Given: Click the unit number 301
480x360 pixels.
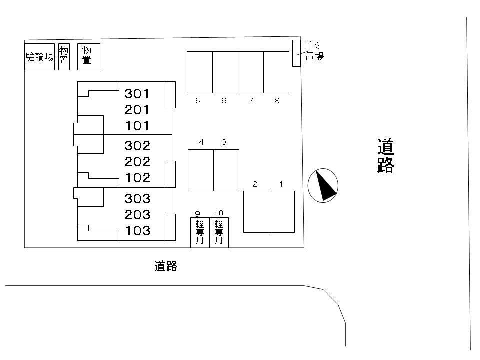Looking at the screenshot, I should (137, 93).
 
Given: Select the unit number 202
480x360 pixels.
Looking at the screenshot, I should (137, 161).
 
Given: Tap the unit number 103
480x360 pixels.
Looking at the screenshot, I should (137, 231).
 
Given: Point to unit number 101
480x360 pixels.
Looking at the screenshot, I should (137, 125).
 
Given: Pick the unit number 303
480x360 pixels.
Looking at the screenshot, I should (137, 199).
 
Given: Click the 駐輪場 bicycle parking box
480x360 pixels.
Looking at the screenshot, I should (39, 56).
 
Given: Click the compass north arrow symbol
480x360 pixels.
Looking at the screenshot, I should (323, 185).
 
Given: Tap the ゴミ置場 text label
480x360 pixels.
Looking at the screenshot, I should (314, 51).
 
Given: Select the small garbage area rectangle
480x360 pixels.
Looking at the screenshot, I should (296, 53).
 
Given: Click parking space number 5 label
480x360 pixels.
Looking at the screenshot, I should (198, 101).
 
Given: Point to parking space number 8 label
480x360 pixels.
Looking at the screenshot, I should (277, 101).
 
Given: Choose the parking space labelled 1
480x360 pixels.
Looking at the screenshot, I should (282, 212).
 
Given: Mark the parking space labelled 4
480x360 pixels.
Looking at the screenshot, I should (201, 170).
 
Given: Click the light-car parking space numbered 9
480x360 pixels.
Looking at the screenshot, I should (200, 232).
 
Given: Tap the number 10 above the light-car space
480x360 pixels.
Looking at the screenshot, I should (219, 213).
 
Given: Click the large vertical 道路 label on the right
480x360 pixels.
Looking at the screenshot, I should (386, 156).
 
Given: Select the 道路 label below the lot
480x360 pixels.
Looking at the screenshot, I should (166, 266).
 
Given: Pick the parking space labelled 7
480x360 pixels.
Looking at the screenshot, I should (251, 72).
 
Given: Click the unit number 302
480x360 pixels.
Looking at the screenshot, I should (137, 145).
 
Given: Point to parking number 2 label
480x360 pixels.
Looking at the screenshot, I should (255, 184).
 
